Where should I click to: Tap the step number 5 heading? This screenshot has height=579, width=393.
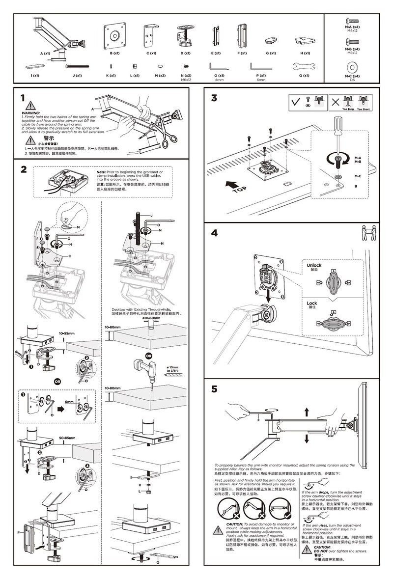point(214,389)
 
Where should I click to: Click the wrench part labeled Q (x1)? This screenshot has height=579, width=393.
point(304,66)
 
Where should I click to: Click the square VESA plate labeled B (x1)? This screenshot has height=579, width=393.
point(114,36)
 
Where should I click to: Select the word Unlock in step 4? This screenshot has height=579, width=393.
point(314,265)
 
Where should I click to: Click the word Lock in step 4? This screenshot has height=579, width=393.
point(312,303)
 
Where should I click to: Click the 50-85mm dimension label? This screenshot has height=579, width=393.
point(67,438)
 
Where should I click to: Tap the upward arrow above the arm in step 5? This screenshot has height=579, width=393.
point(306,412)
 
